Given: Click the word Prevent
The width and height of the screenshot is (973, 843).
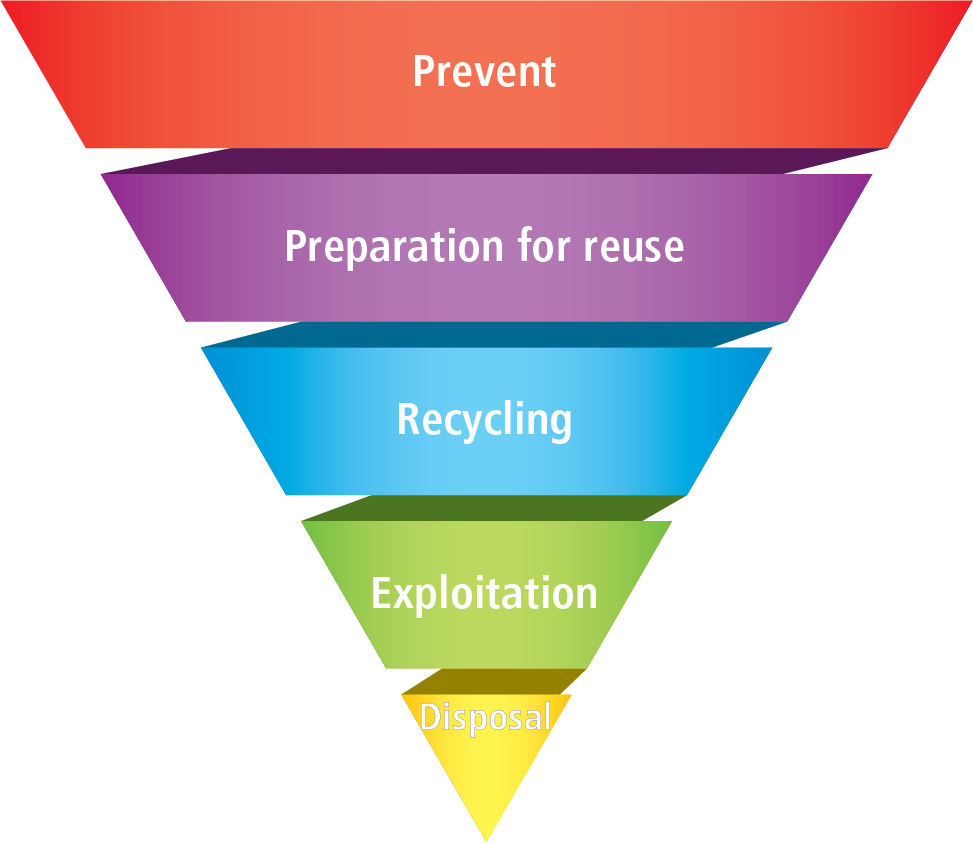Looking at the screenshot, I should pos(484,72).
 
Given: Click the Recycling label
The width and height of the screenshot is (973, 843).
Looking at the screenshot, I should pos(484,419).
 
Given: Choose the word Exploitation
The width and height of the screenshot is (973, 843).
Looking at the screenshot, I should pos(484,593).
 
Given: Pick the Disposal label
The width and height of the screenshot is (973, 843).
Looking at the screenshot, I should pos(485,717).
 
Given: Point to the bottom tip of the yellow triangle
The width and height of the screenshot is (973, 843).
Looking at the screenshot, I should pos(486,839).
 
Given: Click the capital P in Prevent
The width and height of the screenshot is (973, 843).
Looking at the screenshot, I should pos(424,72).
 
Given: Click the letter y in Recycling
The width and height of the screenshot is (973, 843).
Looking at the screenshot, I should pos(467,424).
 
